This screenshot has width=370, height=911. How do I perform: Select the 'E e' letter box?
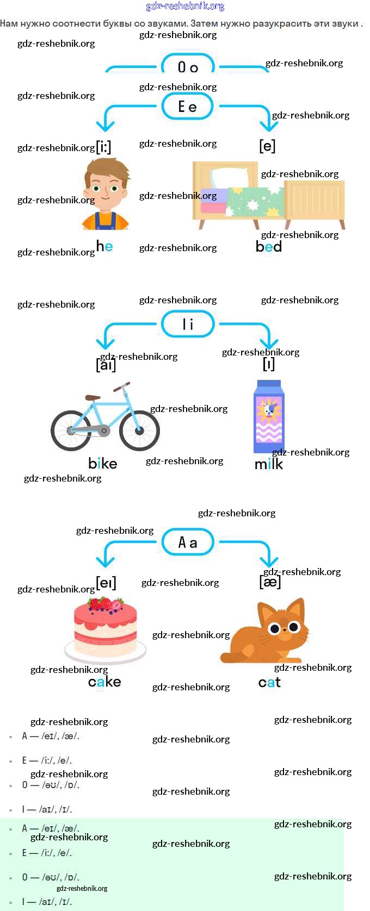[188, 107]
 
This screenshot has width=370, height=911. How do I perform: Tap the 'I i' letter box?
[188, 324]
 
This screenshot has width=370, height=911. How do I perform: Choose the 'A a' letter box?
[188, 542]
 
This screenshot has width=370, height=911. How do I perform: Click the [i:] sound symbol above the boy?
[104, 147]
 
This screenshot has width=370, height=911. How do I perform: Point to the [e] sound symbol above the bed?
[267, 146]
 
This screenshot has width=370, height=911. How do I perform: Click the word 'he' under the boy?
[104, 246]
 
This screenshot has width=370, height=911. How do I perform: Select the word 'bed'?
[269, 247]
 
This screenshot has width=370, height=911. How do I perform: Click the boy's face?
[106, 190]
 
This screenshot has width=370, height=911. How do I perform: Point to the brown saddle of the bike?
[92, 398]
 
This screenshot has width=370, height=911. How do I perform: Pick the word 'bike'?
[103, 464]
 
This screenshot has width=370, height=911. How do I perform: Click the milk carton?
[268, 417]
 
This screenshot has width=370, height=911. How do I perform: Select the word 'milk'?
[269, 464]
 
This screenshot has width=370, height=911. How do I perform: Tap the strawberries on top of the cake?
[105, 604]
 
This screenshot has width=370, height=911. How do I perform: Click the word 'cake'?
[104, 682]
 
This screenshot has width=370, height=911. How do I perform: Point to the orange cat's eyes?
[285, 628]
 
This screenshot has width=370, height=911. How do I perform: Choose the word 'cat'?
[269, 682]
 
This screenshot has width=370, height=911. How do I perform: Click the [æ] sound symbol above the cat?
[270, 582]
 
